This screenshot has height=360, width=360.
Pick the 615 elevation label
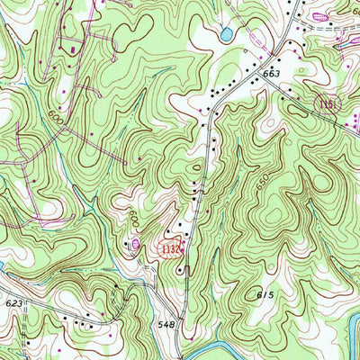[264, 295]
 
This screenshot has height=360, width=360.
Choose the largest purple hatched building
[320, 16]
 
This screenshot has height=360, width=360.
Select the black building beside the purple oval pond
[125, 243]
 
